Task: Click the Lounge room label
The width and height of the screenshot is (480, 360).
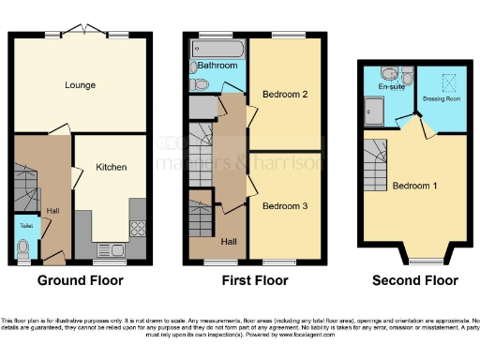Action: point(80,85)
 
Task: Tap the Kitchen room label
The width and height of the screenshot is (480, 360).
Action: point(111,167)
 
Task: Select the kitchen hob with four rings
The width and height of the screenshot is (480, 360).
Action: point(136,226)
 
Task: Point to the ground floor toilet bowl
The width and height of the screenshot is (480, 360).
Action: point(22,247)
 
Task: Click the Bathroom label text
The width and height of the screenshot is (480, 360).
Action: point(217,66)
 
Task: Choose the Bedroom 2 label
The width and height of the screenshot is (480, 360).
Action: point(285,94)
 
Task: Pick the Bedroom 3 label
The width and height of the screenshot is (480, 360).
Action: point(285,205)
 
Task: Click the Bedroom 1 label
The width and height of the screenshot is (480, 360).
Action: point(413,186)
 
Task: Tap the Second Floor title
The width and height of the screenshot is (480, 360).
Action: point(415,280)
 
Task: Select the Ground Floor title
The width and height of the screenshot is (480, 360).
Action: point(80,280)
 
